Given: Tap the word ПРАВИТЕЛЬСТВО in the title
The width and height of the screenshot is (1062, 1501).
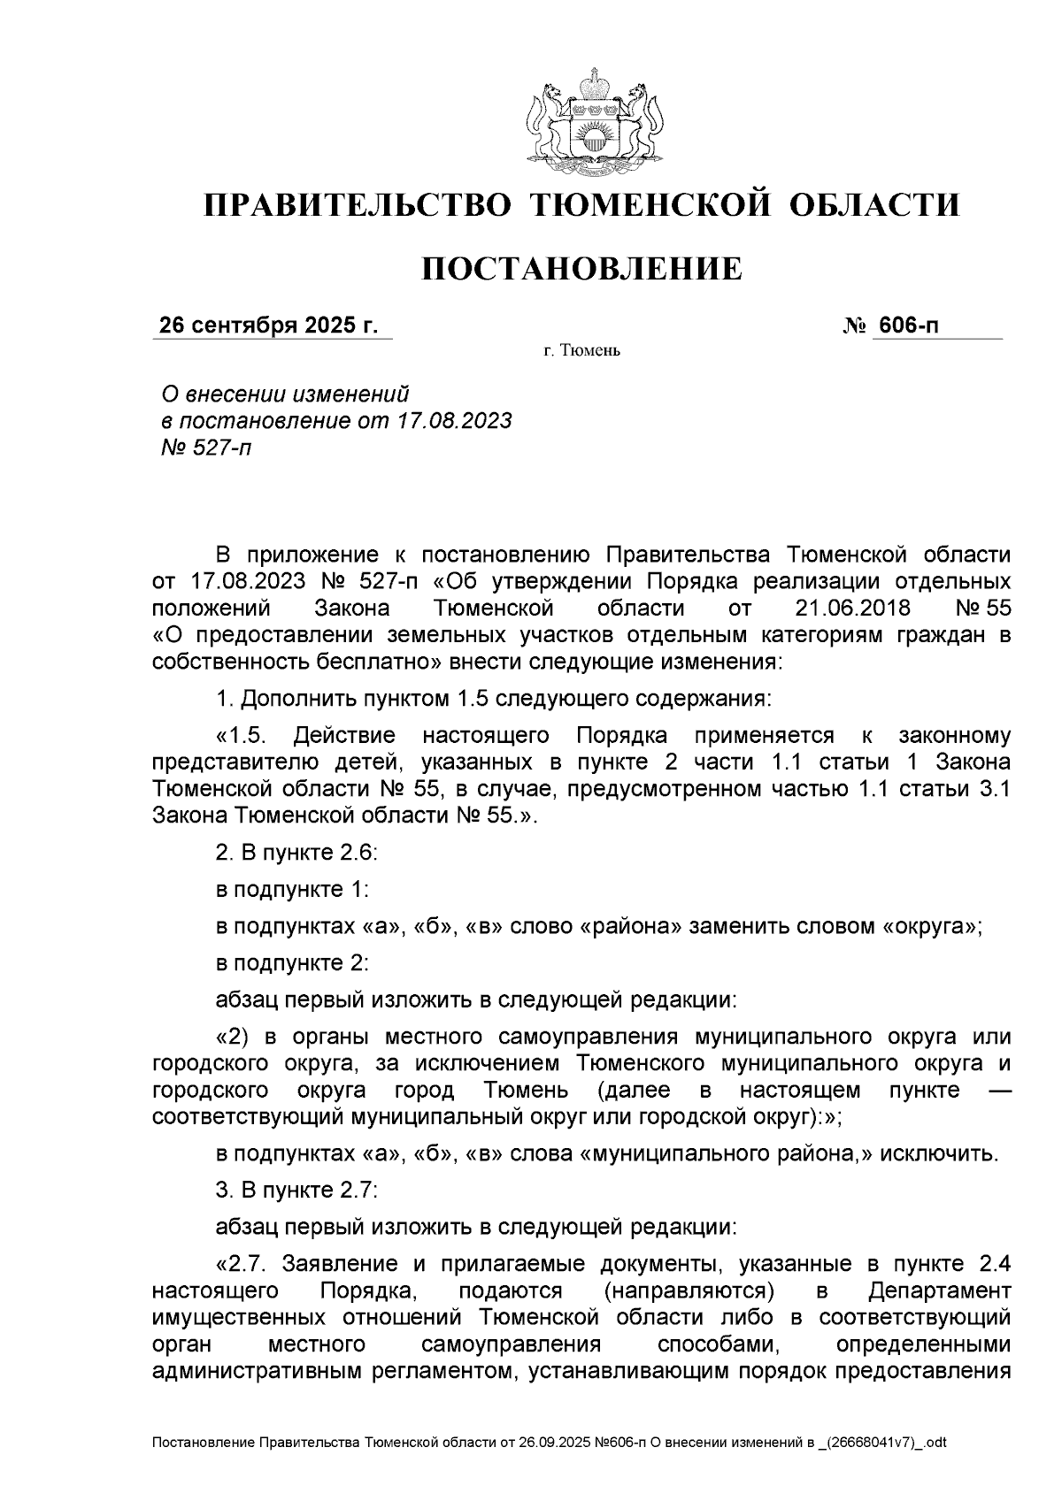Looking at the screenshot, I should point(358,205).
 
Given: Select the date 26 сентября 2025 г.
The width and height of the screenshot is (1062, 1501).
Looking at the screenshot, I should point(267,325).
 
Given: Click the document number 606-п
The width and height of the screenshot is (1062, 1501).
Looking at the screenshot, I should point(908,325).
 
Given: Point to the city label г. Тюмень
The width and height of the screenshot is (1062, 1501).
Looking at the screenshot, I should point(582,352).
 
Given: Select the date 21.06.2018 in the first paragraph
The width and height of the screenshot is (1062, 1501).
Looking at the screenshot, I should point(849,609).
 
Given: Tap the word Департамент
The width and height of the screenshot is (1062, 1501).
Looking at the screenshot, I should point(939,1290).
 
